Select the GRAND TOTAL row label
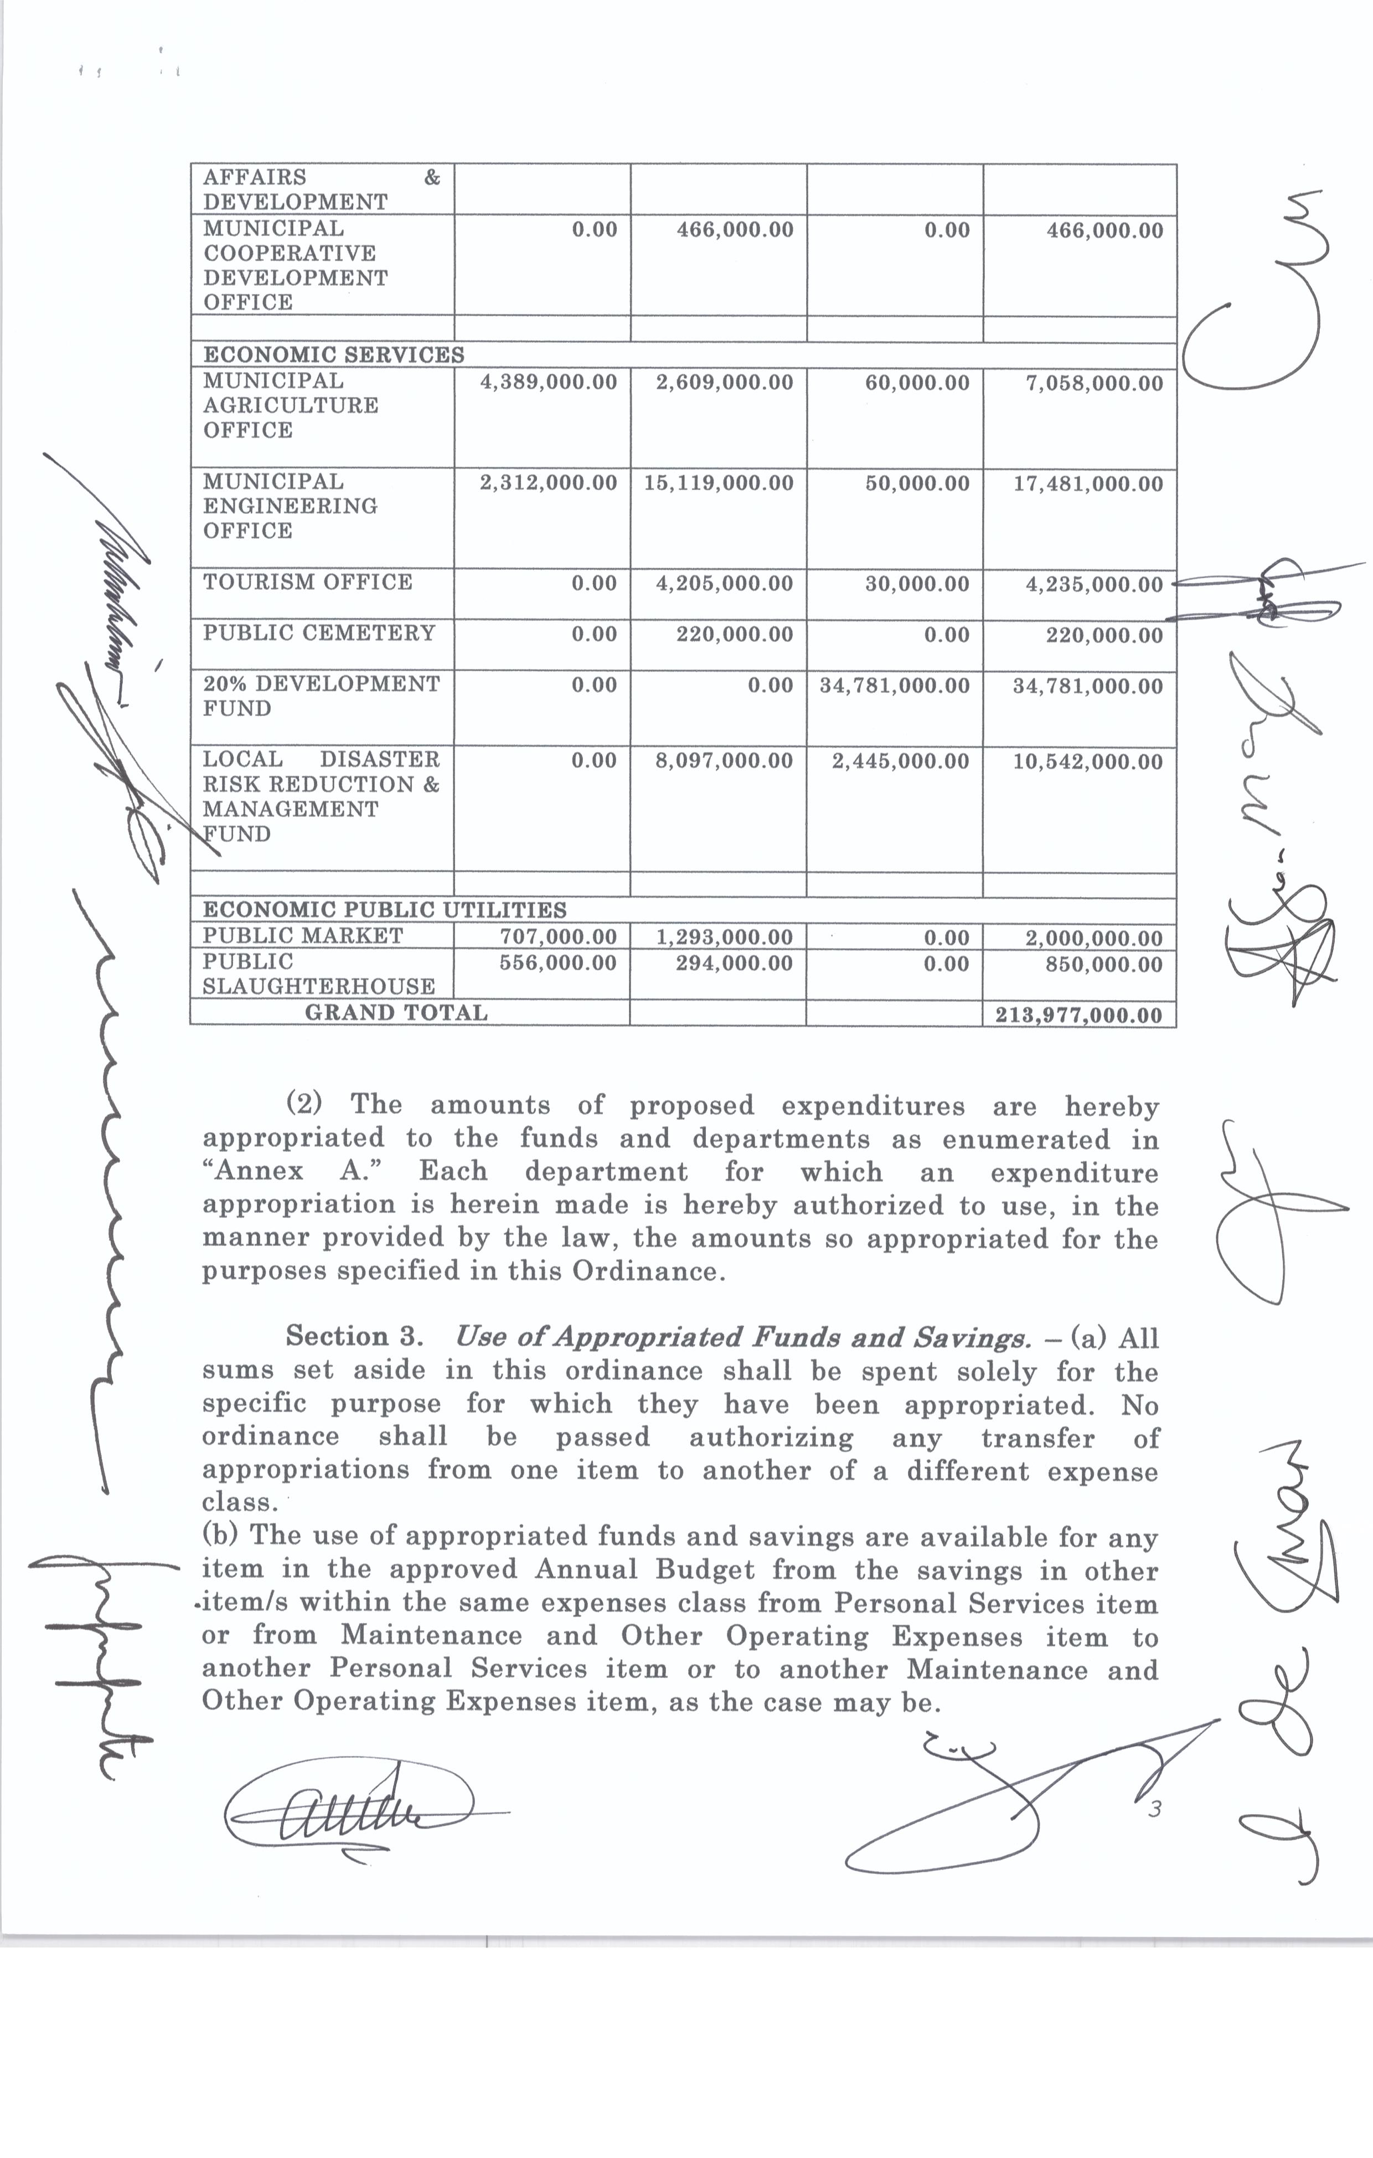click(x=396, y=1013)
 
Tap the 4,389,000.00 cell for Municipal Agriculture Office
click(x=549, y=383)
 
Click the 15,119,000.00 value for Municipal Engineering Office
click(x=719, y=484)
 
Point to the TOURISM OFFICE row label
click(x=307, y=583)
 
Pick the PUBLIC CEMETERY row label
click(x=318, y=633)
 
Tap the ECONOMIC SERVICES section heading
click(x=333, y=355)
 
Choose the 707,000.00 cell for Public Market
click(x=558, y=938)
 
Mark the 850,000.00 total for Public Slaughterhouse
click(x=1104, y=964)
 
